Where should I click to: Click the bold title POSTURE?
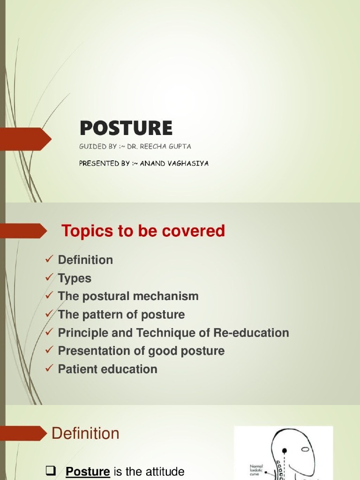click(126, 127)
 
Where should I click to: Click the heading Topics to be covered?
click(143, 231)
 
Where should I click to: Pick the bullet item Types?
click(75, 278)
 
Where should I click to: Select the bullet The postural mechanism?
click(128, 296)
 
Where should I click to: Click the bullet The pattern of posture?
click(121, 315)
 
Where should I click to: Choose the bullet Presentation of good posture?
click(141, 351)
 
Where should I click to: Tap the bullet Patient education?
click(107, 369)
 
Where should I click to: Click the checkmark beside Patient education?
click(49, 369)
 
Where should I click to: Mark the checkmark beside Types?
click(49, 278)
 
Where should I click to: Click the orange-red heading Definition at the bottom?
click(85, 433)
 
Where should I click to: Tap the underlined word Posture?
click(88, 472)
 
